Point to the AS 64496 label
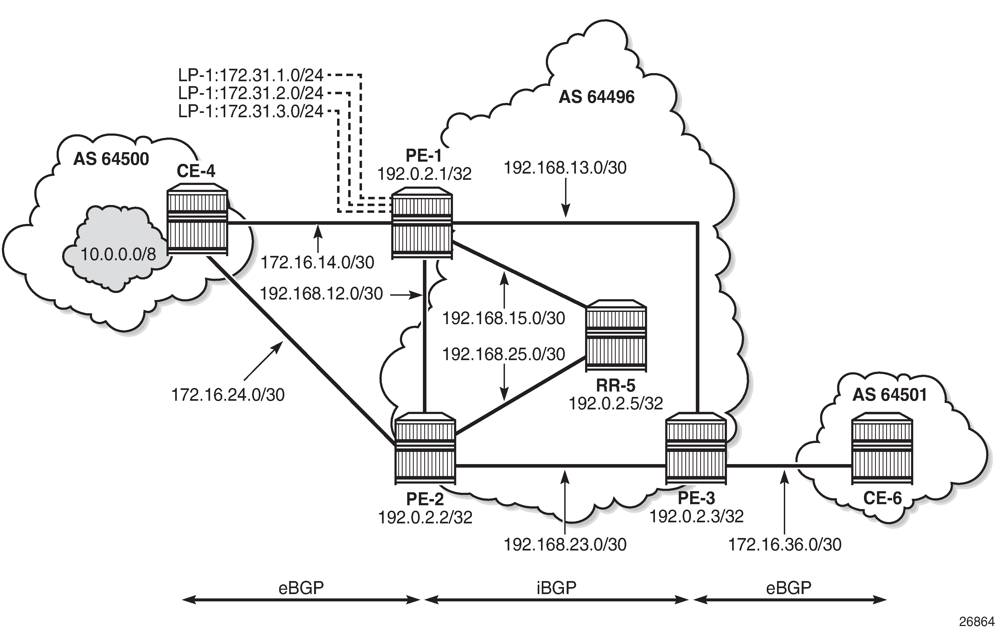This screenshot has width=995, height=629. point(596,97)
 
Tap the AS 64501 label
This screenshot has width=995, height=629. point(890,395)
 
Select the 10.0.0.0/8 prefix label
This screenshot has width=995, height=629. point(118,254)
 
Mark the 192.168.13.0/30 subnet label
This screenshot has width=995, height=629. point(565,168)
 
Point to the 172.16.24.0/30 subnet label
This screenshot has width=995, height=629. point(228,395)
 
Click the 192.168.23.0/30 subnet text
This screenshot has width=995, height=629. point(565,545)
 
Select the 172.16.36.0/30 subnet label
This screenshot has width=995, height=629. point(784,545)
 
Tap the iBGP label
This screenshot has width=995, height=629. point(556,588)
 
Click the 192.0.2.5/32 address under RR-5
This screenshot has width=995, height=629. point(616,403)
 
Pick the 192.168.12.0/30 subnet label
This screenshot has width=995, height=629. point(321,294)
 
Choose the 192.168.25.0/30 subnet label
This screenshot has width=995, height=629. point(503,354)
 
